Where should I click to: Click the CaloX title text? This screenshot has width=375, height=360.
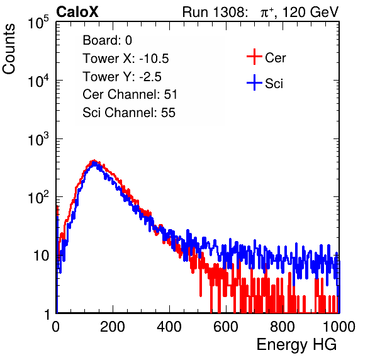point(77,12)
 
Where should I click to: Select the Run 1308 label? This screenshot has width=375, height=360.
point(215,12)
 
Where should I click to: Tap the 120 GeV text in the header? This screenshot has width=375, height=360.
point(311,12)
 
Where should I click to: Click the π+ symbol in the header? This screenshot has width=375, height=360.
point(267,12)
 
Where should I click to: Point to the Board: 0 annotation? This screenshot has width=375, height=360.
point(107,40)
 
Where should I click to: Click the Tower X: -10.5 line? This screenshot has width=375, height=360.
point(126,59)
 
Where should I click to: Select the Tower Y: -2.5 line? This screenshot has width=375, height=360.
point(122,77)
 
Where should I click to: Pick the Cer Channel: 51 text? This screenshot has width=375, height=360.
point(130,94)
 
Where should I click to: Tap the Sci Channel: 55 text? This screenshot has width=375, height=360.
point(129,113)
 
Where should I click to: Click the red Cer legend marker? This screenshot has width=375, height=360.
point(254,57)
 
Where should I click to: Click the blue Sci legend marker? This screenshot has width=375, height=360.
point(254,82)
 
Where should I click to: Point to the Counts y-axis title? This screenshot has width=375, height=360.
point(9,49)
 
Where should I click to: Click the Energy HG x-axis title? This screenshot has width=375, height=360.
point(296,344)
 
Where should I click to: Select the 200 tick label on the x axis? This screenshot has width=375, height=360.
point(113,327)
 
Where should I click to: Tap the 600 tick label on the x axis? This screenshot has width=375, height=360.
point(226,327)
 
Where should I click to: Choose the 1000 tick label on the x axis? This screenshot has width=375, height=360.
point(339,327)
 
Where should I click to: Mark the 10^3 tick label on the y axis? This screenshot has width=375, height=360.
point(38,139)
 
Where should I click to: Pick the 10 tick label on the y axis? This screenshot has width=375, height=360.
point(42,256)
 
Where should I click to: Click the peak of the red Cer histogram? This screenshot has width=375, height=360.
point(94,160)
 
